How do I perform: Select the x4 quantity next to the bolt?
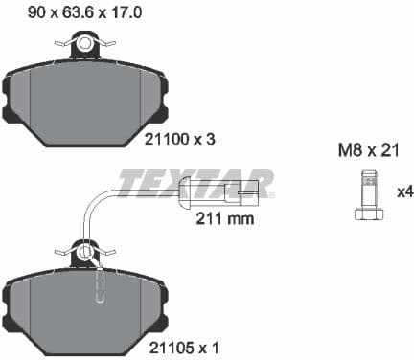pos(403,192)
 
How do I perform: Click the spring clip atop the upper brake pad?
pos(87,44)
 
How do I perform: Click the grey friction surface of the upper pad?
pos(86,105)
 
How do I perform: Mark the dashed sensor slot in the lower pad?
pos(98,286)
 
